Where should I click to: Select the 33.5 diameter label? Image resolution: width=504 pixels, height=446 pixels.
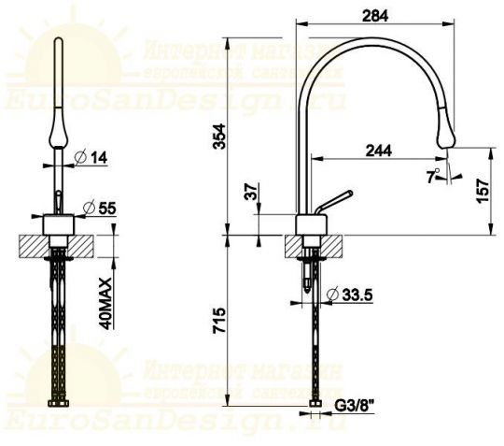(357, 295)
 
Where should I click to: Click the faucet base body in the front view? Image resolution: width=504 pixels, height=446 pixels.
(59, 224)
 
